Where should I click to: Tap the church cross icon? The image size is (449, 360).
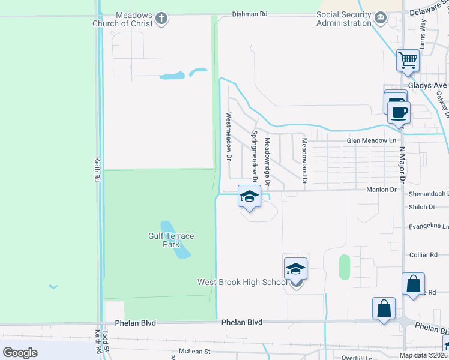point(160,19)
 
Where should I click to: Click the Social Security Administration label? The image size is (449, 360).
point(343,19)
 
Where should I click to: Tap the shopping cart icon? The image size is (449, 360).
point(408,60)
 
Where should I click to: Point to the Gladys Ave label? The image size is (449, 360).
point(428,86)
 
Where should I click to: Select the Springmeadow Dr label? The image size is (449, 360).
point(255,157)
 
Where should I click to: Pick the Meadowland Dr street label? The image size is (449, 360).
point(304,160)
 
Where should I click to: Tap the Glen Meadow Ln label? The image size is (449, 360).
point(372,140)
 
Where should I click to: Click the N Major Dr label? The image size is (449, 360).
point(402,164)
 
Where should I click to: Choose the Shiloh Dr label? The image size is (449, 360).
point(421,207)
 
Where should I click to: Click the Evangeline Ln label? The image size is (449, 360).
point(429,226)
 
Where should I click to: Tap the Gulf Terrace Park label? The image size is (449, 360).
point(171,240)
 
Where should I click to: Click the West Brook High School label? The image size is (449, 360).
point(243,282)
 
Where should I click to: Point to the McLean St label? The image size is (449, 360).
point(195,351)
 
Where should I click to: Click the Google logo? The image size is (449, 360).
point(20,352)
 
